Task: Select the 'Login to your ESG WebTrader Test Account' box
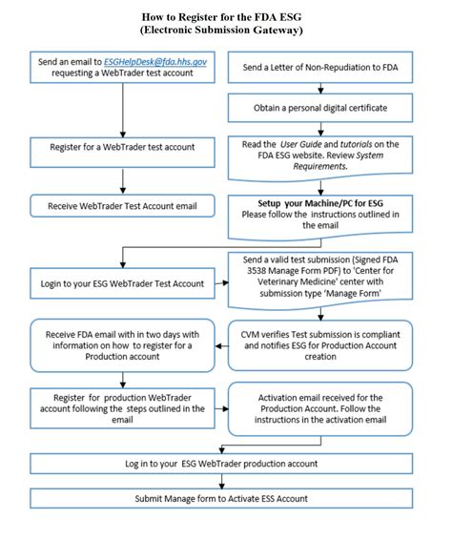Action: [x=121, y=283]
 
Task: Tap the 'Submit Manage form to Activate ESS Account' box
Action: [x=222, y=499]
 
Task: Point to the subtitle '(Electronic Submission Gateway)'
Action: [x=222, y=31]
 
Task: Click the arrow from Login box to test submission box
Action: [x=222, y=283]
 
